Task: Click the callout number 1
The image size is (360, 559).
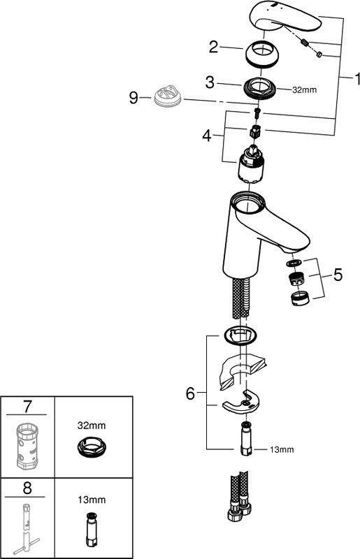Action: (356, 79)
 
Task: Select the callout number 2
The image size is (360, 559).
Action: (213, 47)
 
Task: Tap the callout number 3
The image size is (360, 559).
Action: (210, 82)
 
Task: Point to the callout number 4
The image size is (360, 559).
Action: (207, 136)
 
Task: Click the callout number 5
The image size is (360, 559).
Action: (338, 275)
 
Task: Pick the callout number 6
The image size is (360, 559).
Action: (190, 393)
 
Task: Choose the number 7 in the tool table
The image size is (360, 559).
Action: (27, 407)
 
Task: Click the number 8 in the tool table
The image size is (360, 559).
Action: (27, 488)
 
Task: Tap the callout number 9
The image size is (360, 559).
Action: (134, 97)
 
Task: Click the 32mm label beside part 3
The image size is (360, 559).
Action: (304, 90)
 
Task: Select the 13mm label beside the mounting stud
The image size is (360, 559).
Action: (282, 449)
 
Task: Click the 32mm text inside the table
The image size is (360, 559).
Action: (92, 426)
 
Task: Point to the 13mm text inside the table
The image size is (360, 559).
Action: (92, 500)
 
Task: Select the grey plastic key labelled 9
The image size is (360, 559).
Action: (168, 95)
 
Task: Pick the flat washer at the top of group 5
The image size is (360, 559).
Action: (294, 263)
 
